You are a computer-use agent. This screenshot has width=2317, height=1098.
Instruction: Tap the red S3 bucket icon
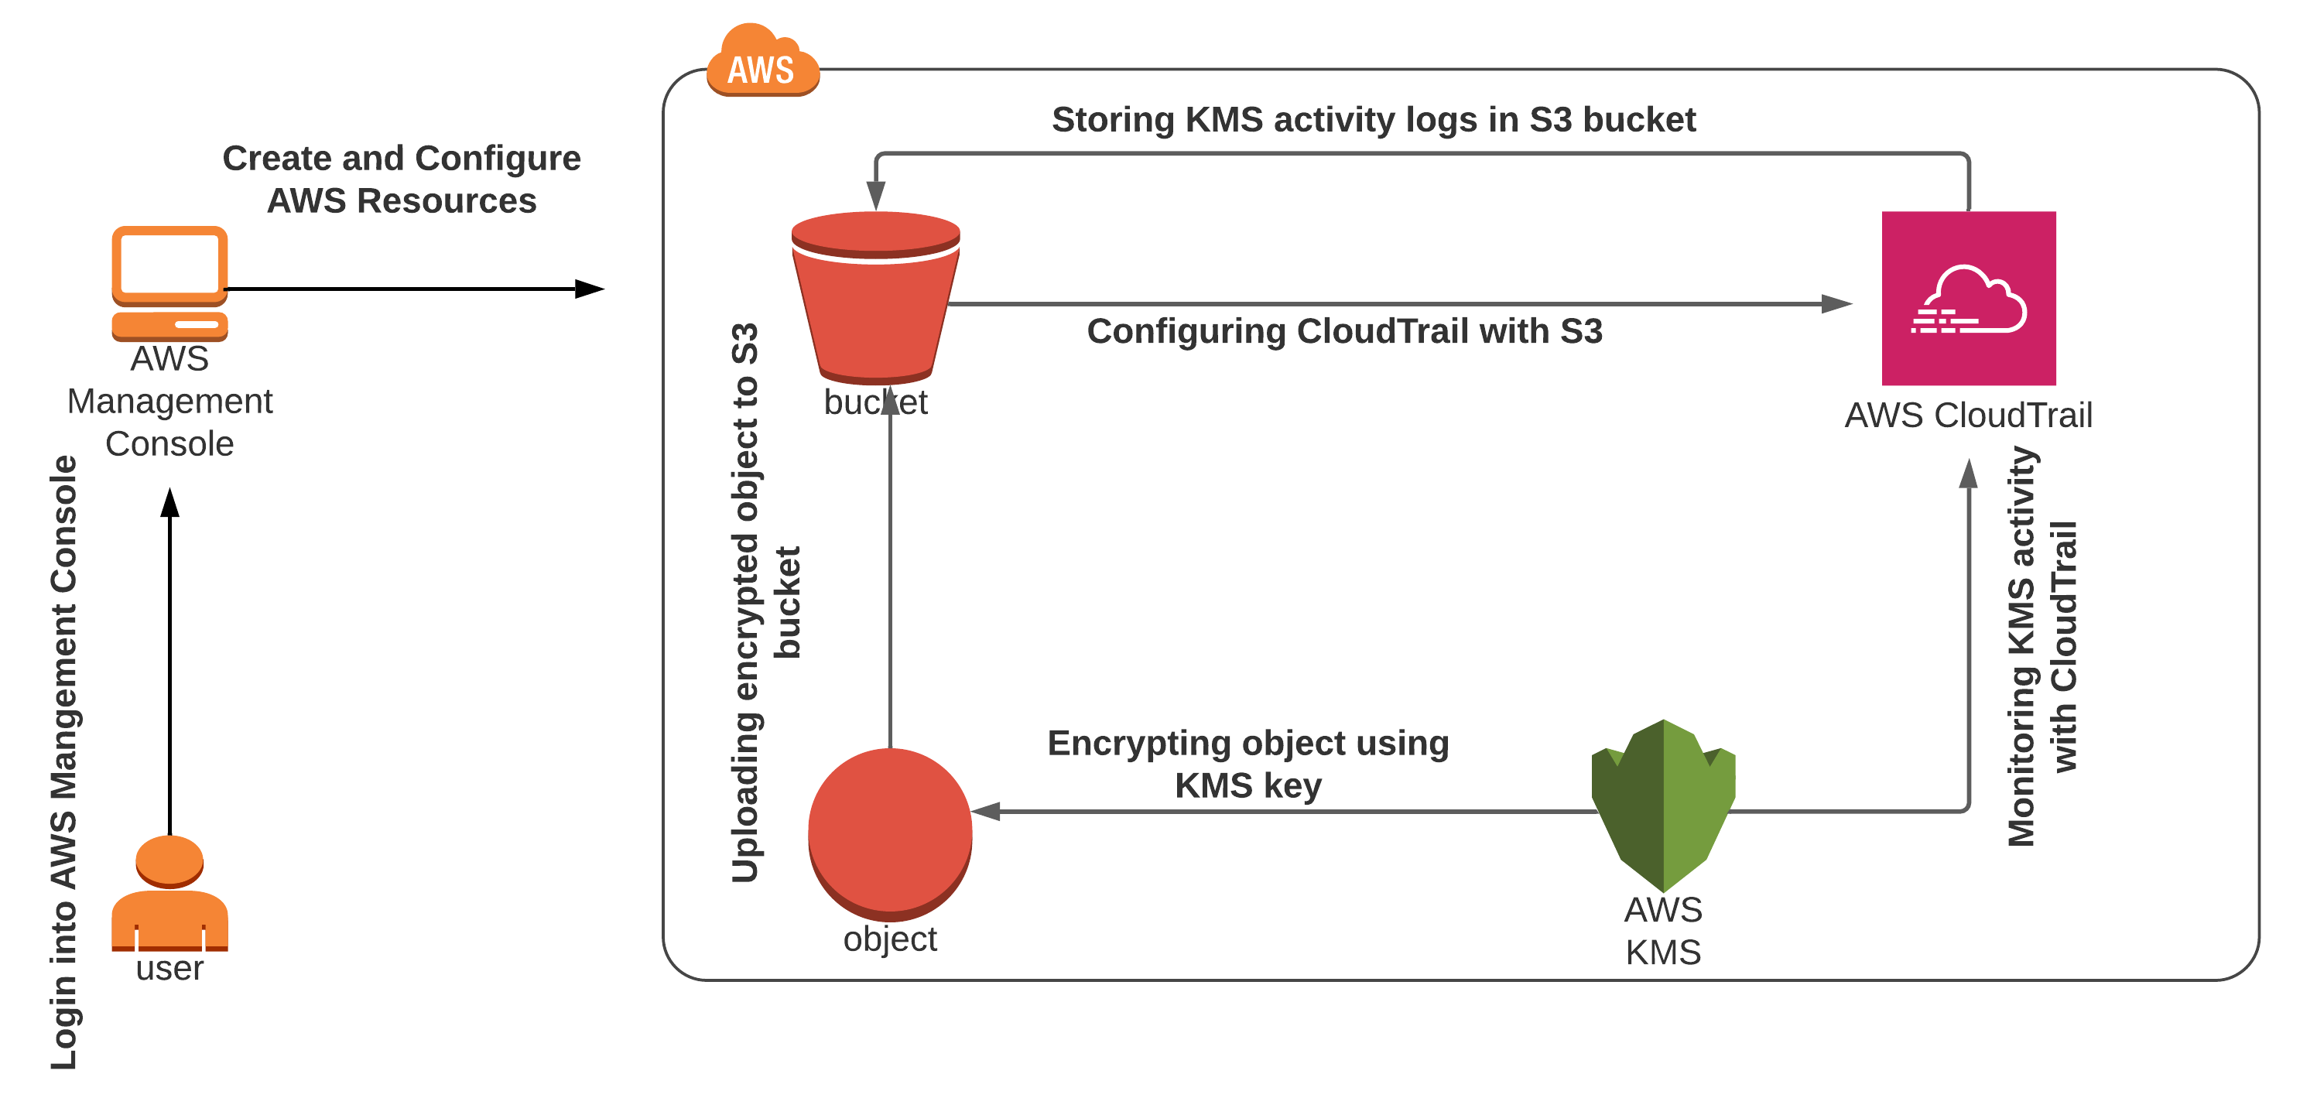[875, 298]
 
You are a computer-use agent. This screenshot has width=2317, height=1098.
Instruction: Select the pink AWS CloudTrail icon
[1968, 298]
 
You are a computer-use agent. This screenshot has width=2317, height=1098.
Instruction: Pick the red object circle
[889, 832]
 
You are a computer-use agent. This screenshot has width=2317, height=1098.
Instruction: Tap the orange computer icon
[169, 282]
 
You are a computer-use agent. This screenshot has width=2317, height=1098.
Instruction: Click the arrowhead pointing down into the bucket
[876, 195]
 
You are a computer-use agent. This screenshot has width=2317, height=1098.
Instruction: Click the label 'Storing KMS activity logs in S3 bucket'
[1374, 120]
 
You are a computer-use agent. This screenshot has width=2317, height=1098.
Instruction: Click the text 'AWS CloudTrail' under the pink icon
[1968, 416]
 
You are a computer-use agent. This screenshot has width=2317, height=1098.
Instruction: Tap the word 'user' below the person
[169, 969]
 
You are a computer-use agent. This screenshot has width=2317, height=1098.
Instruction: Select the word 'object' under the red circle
[889, 939]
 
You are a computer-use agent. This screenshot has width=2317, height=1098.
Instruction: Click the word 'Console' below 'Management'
[169, 443]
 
